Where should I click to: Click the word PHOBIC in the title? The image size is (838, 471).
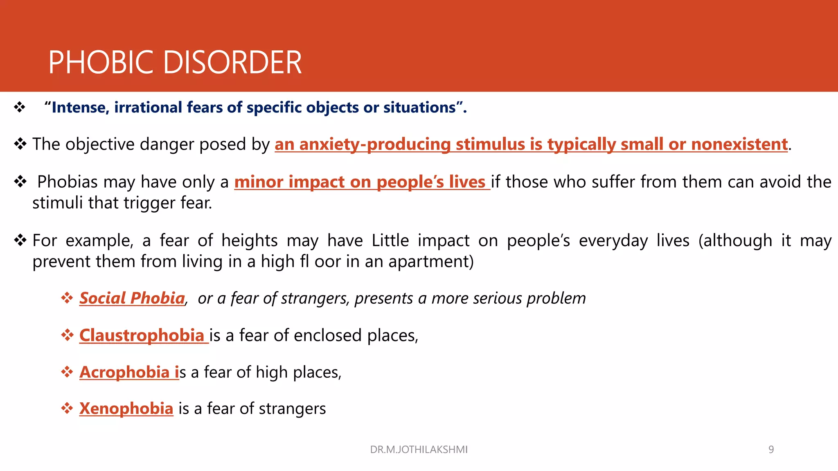(x=101, y=63)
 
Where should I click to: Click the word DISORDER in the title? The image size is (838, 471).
(x=233, y=63)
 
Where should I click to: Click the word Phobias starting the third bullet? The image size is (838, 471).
(x=68, y=182)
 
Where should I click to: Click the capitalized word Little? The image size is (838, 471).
(x=390, y=240)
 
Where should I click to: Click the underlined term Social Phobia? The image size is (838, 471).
(x=132, y=298)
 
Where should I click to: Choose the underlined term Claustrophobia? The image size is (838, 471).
(x=142, y=335)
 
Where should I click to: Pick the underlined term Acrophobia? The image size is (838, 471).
(x=124, y=372)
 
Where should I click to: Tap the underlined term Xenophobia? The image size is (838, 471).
(x=126, y=408)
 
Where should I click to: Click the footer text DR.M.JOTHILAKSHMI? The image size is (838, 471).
(x=419, y=450)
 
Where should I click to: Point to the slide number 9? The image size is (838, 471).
(x=771, y=450)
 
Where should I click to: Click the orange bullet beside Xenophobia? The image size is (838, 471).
(x=67, y=408)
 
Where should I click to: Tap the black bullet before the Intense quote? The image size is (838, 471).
(x=20, y=108)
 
